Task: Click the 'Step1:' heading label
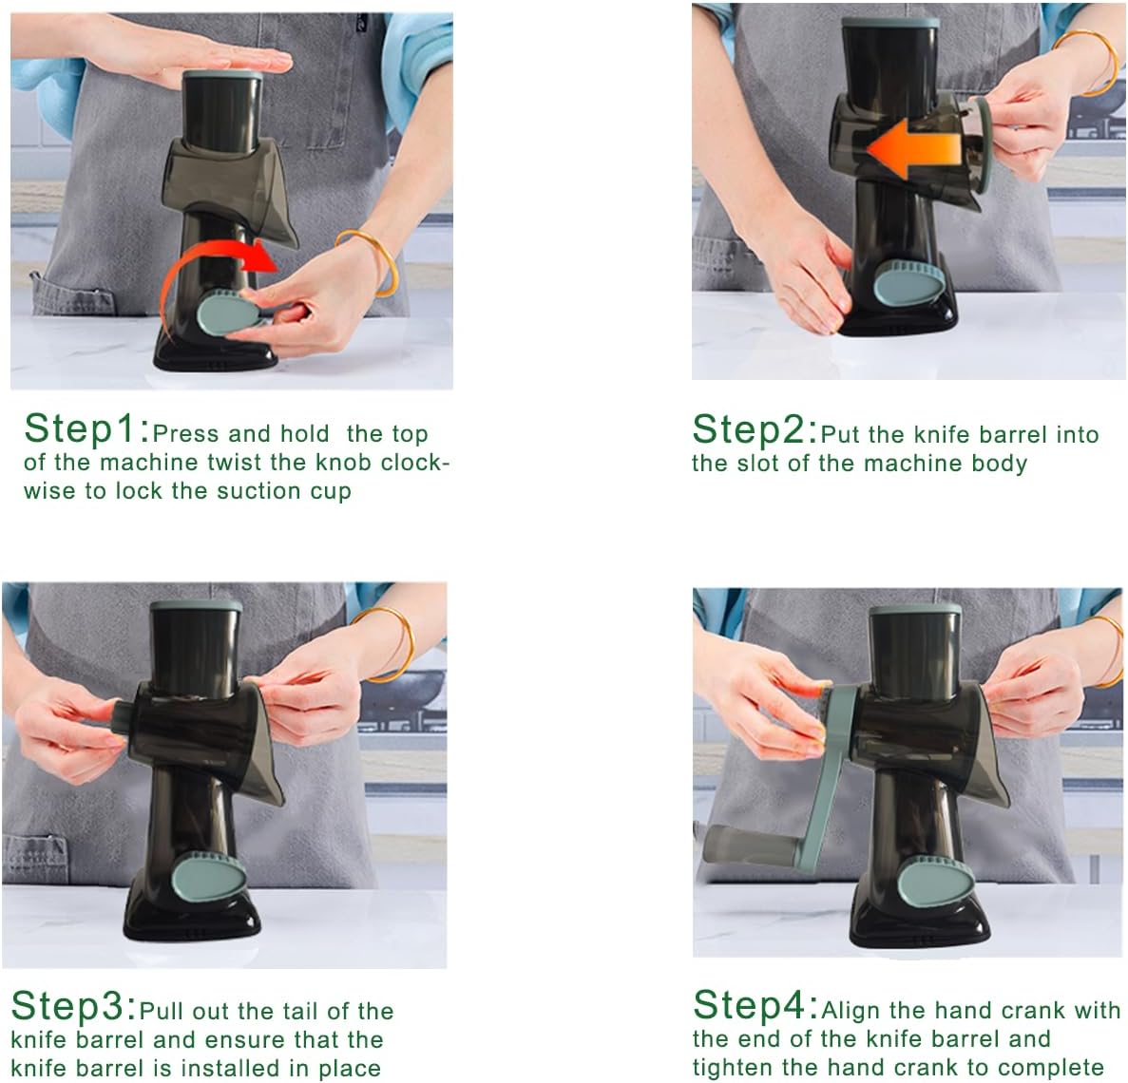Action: click(x=86, y=429)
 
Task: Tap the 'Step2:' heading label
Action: click(x=755, y=430)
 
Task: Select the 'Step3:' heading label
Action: click(x=73, y=1006)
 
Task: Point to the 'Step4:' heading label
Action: click(x=755, y=1005)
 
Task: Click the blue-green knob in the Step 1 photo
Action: click(x=224, y=313)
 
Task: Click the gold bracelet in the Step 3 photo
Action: click(x=389, y=644)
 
